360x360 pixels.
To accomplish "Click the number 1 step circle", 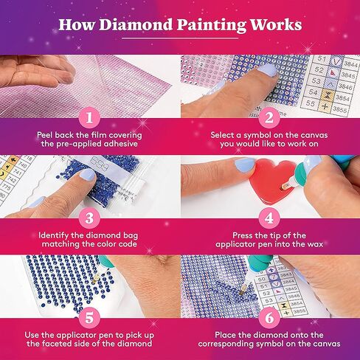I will [89, 117].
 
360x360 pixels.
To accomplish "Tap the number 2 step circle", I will [269, 117].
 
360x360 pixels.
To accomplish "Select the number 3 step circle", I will [89, 218].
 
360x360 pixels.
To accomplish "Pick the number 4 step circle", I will [269, 218].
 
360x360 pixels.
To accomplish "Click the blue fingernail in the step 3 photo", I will [87, 175].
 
